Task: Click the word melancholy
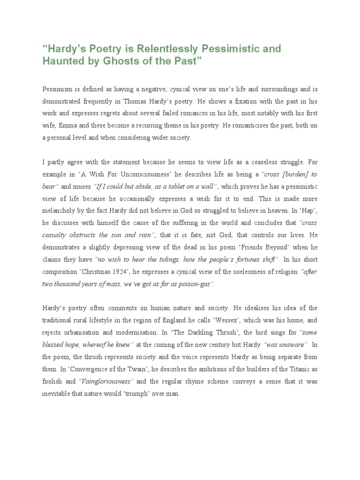tap(62, 210)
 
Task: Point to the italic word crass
tap(308, 223)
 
